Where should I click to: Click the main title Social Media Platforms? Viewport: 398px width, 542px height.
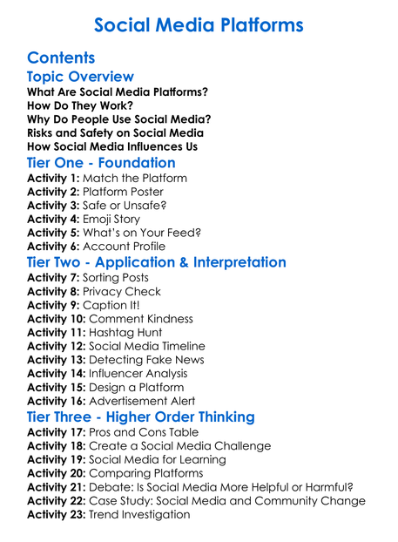pos(199,24)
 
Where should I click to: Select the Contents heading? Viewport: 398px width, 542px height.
pos(61,58)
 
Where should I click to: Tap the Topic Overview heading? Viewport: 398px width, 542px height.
pos(80,78)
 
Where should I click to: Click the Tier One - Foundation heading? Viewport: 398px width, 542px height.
pos(101,163)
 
